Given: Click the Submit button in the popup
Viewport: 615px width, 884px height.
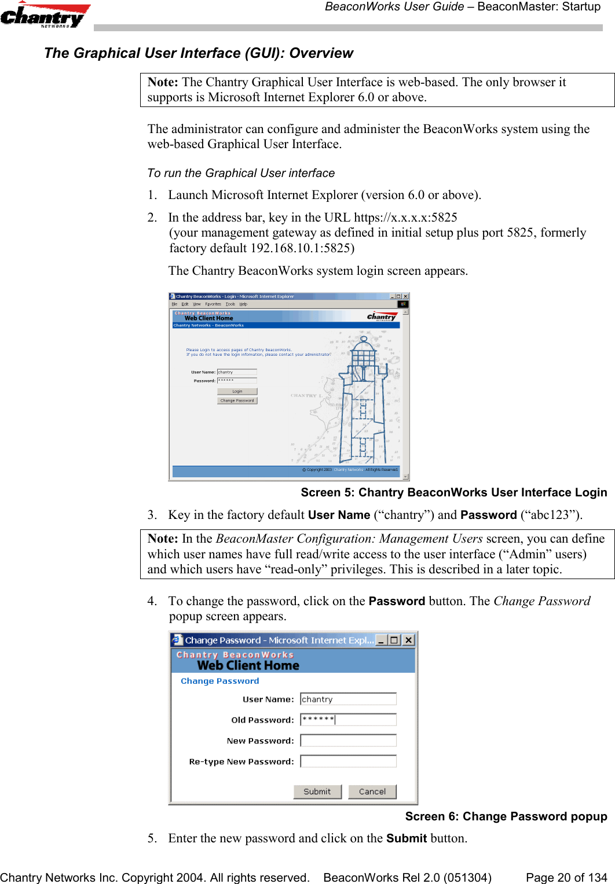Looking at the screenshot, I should (x=317, y=791).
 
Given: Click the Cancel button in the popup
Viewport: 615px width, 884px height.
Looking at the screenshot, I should (x=372, y=791).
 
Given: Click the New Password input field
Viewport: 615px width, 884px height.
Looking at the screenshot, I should (x=348, y=741).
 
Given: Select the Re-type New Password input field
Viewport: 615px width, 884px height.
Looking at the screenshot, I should (x=348, y=761).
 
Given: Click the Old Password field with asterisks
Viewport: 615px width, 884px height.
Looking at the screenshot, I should (x=348, y=720).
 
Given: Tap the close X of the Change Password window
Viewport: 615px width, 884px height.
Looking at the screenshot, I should (x=408, y=640).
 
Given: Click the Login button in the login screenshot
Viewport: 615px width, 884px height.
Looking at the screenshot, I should (x=237, y=392).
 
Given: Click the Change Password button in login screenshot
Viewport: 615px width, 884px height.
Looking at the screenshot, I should (x=237, y=400).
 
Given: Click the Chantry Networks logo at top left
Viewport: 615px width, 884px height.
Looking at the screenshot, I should (x=45, y=16).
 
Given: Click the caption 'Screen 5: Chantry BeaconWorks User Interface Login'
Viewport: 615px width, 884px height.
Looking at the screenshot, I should (x=453, y=492).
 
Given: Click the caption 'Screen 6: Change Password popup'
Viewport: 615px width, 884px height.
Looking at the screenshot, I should (x=506, y=816).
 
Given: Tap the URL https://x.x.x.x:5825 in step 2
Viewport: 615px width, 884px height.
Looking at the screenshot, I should (x=405, y=218).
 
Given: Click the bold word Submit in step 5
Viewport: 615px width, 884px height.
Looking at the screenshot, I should (x=406, y=838).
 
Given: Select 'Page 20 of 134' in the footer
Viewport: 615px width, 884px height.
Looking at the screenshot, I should (x=566, y=878).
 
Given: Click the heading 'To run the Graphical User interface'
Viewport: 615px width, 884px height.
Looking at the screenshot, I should (x=241, y=173).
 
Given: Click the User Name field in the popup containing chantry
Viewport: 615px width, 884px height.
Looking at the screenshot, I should (x=348, y=699).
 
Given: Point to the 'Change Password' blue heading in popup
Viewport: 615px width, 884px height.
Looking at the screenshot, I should (x=219, y=681).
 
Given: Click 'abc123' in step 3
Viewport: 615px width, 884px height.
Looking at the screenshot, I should (x=550, y=515).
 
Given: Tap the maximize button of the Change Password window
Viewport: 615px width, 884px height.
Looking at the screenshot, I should (x=394, y=640).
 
